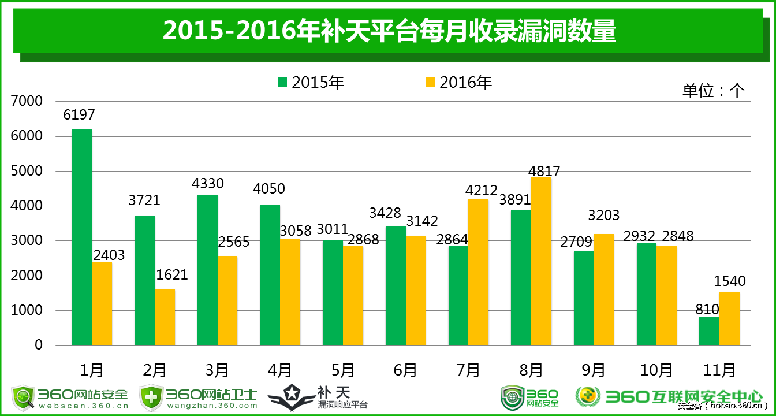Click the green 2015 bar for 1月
82,237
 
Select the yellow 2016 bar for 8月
541,261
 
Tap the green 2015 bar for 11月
709,331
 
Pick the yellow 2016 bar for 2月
165,317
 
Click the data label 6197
79,115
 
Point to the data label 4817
544,172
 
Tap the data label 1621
172,275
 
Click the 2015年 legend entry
311,83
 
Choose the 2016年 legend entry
459,83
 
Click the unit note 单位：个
714,91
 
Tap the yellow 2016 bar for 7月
478,272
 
